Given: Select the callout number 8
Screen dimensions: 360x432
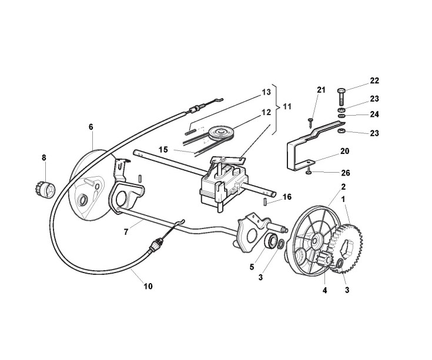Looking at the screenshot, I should (x=43, y=157).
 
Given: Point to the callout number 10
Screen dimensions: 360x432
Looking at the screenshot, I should (x=148, y=286).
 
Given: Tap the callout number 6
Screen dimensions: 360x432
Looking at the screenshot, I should (x=91, y=126).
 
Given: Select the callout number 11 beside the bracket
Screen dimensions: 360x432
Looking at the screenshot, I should (x=287, y=107).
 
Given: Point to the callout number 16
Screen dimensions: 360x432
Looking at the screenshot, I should (x=287, y=197).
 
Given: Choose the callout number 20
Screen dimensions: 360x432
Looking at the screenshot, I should (x=345, y=151).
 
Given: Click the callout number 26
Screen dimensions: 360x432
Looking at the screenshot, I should (x=345, y=173).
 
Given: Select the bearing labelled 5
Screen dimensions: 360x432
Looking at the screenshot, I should (x=272, y=240).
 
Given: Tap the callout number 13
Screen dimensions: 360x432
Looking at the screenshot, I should (x=266, y=92).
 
